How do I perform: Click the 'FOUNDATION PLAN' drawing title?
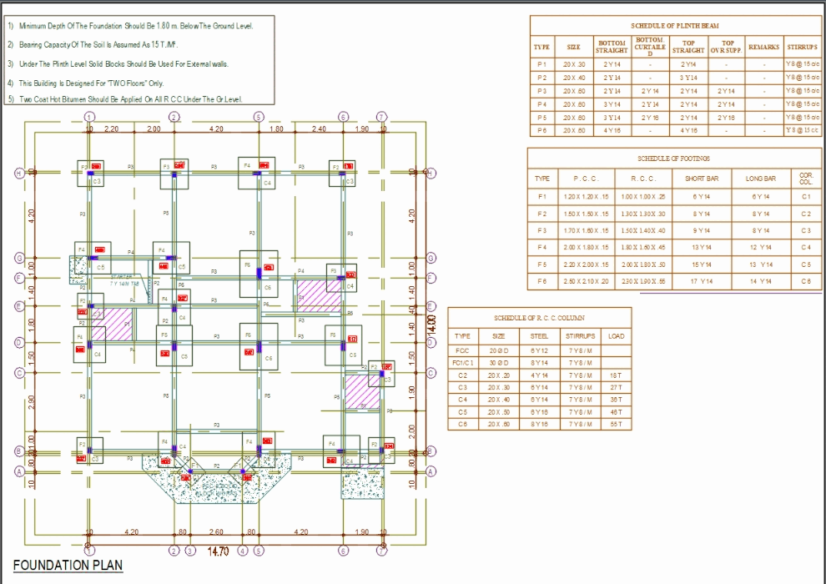point(68,565)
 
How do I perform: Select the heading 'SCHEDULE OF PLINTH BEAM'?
point(675,26)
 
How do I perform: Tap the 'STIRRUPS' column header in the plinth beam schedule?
point(803,48)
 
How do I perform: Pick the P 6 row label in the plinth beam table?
point(542,130)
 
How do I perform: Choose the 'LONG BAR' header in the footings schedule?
point(760,179)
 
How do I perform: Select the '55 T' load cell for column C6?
point(616,425)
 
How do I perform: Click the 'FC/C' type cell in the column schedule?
point(462,350)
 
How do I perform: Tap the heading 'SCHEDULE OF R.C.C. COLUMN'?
point(539,318)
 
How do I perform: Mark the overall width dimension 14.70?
point(218,551)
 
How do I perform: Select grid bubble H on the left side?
point(18,173)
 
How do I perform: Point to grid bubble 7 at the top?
point(381,118)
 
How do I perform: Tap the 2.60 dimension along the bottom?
point(216,532)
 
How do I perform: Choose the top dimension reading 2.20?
point(111,129)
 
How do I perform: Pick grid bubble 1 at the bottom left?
point(88,551)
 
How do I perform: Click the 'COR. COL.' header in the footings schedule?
point(805,179)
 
